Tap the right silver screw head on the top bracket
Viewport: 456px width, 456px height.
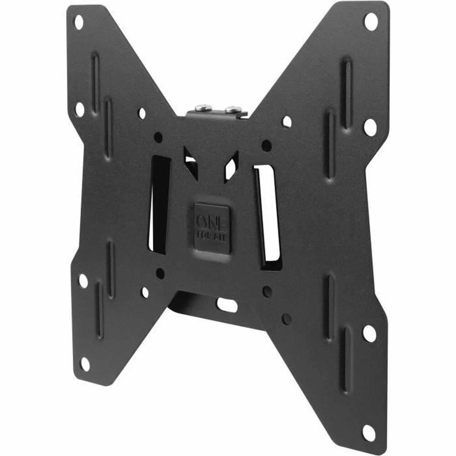[x=231, y=110]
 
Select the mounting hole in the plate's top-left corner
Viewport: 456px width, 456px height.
[x=79, y=22]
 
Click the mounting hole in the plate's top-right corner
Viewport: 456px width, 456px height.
[x=369, y=22]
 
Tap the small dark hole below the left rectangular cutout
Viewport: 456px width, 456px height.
[x=160, y=272]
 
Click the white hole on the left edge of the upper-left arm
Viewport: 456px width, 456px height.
[x=80, y=109]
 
